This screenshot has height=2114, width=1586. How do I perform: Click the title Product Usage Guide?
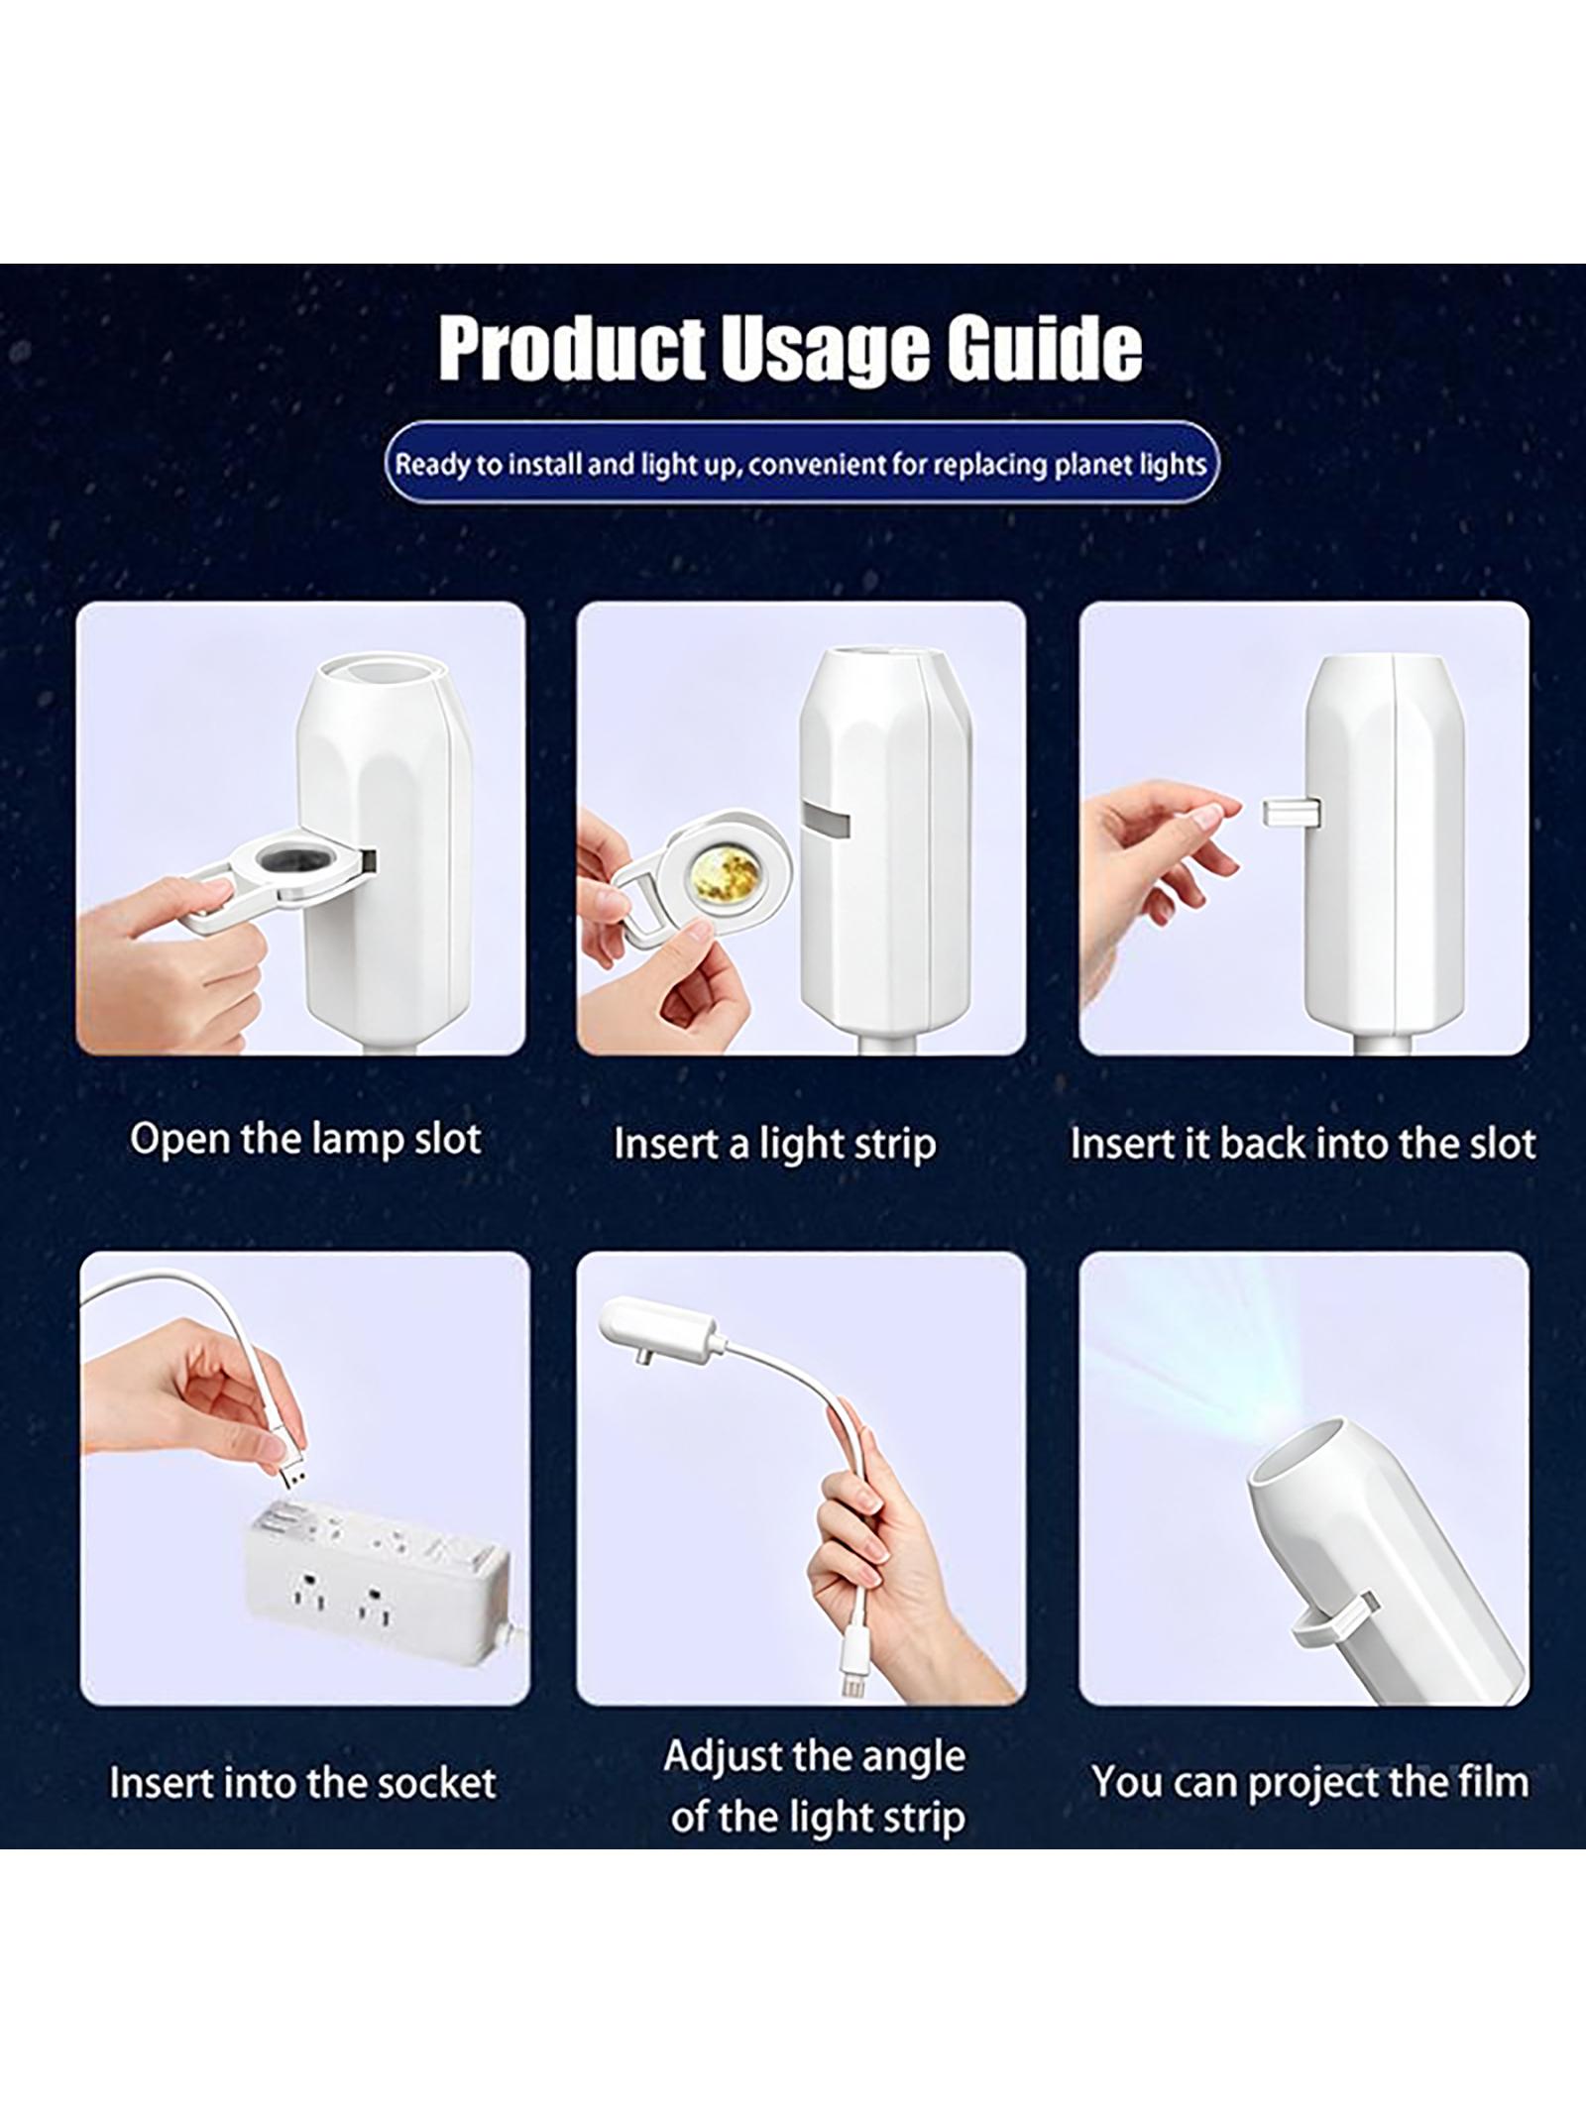tap(790, 348)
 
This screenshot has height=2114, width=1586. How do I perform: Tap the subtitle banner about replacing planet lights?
tap(801, 463)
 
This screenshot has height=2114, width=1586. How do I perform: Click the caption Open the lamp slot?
tap(305, 1139)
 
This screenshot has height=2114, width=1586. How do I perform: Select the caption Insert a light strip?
tap(774, 1144)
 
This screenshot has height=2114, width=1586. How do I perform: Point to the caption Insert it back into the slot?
tap(1303, 1143)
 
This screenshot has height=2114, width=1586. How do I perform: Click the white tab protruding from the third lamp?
tap(1291, 815)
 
